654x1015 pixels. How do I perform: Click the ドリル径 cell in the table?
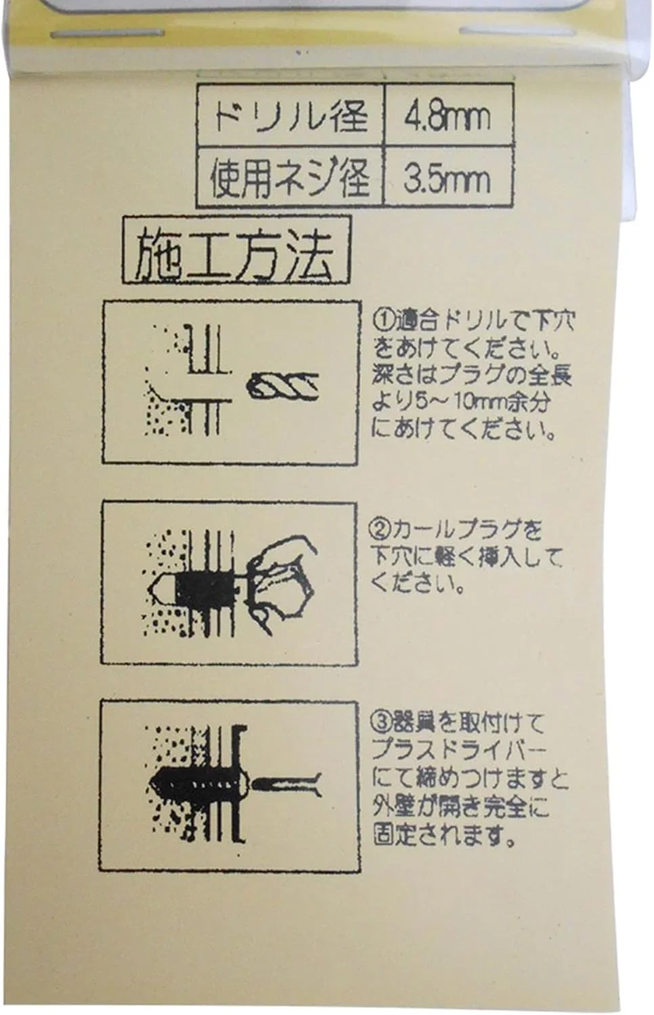[x=290, y=116]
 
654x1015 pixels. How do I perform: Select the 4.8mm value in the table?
[x=448, y=116]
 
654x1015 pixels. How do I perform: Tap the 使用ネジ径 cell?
[x=290, y=177]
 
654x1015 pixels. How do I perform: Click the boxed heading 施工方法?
[x=236, y=250]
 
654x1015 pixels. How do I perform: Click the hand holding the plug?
[x=281, y=585]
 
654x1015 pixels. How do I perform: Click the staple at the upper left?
[x=107, y=34]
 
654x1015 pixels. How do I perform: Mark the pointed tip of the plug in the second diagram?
[x=150, y=589]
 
